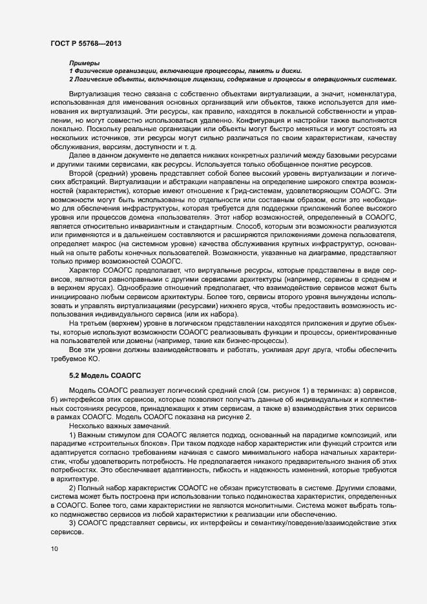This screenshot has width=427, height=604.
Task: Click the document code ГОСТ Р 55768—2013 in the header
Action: coord(86,43)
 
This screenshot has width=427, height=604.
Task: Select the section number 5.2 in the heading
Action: coord(75,375)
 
